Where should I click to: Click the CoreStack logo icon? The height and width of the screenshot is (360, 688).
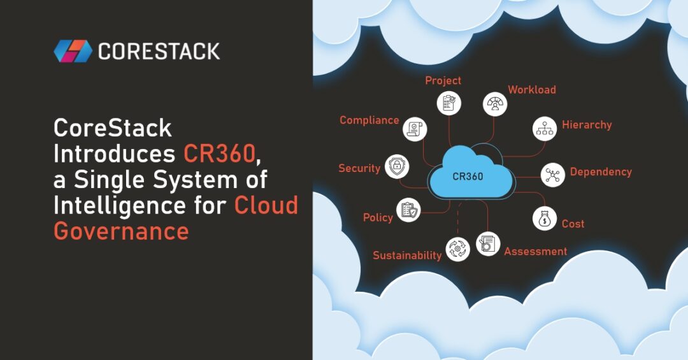[x=73, y=51]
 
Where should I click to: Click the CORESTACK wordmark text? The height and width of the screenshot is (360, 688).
[x=159, y=52]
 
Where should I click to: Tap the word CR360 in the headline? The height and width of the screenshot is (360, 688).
[x=219, y=154]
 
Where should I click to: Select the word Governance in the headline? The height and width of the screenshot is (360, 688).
[x=121, y=231]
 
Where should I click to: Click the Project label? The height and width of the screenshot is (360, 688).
[x=443, y=81]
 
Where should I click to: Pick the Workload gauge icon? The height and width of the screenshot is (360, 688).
[x=495, y=104]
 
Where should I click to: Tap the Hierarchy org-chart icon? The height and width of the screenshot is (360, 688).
[x=544, y=128]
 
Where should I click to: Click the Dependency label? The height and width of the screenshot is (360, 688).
[x=601, y=172]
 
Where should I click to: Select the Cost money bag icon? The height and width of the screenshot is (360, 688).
[x=544, y=218]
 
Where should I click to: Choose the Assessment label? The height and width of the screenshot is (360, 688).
[x=535, y=252]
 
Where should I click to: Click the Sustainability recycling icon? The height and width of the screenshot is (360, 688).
[x=457, y=248]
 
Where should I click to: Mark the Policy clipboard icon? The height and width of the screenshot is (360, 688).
[x=408, y=210]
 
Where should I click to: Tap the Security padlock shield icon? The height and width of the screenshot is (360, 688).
[x=397, y=167]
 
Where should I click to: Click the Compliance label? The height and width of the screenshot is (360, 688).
[x=369, y=120]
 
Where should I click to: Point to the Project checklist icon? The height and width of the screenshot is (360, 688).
[x=449, y=103]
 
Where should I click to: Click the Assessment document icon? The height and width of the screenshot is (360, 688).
[x=488, y=243]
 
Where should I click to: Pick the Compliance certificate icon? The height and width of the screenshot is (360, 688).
[x=415, y=129]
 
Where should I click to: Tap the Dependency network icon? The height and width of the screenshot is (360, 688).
[x=553, y=175]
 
